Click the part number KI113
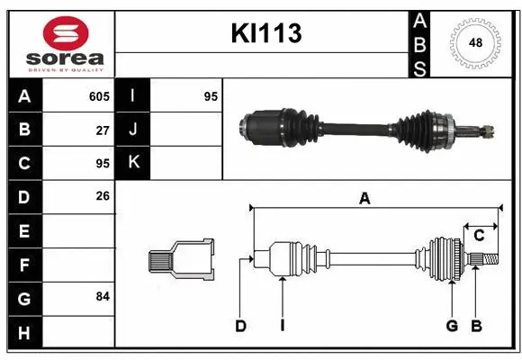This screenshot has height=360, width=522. point(266,33)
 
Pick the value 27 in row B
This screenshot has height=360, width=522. point(103,130)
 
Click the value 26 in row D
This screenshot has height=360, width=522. point(103,196)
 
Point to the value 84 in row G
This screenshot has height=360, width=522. point(103,296)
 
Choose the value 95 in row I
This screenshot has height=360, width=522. point(211,96)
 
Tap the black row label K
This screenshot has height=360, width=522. point(133,163)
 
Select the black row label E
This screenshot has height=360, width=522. point(24,231)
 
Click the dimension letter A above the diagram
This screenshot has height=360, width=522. point(364,200)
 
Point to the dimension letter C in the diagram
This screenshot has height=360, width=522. point(479,236)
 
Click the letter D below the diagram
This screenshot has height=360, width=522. point(240,326)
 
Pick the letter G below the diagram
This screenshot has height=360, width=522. point(452,326)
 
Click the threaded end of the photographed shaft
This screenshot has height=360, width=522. point(487,133)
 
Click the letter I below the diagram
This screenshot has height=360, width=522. point(282,326)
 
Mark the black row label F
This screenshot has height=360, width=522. point(24,265)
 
